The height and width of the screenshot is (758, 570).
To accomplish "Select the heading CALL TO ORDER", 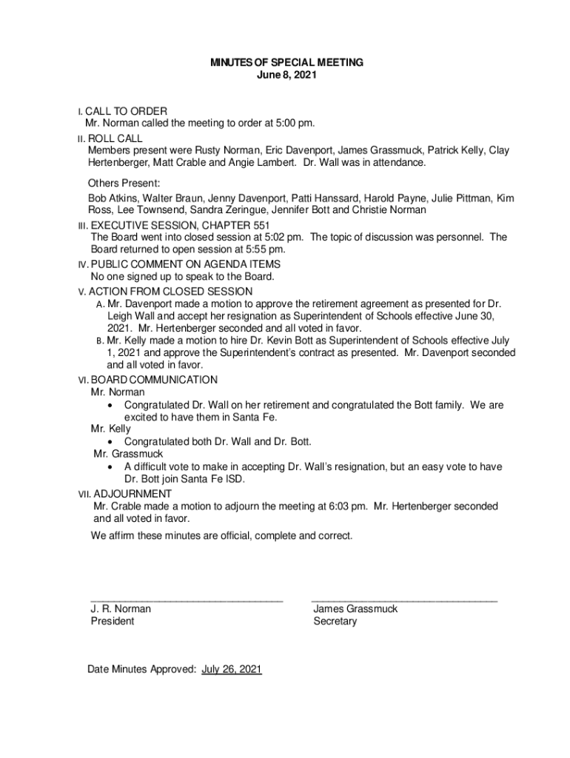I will point(127,111).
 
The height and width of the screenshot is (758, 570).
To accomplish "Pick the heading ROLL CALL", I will point(115,138).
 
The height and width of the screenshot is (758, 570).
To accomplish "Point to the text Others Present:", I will point(124,183).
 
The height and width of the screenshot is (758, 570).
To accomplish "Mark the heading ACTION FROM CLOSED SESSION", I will point(171,292).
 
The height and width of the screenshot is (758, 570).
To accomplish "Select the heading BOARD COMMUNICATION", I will point(154,380).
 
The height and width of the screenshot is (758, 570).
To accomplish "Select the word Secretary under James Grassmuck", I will point(335,621).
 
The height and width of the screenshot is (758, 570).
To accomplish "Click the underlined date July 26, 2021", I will point(232,669).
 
